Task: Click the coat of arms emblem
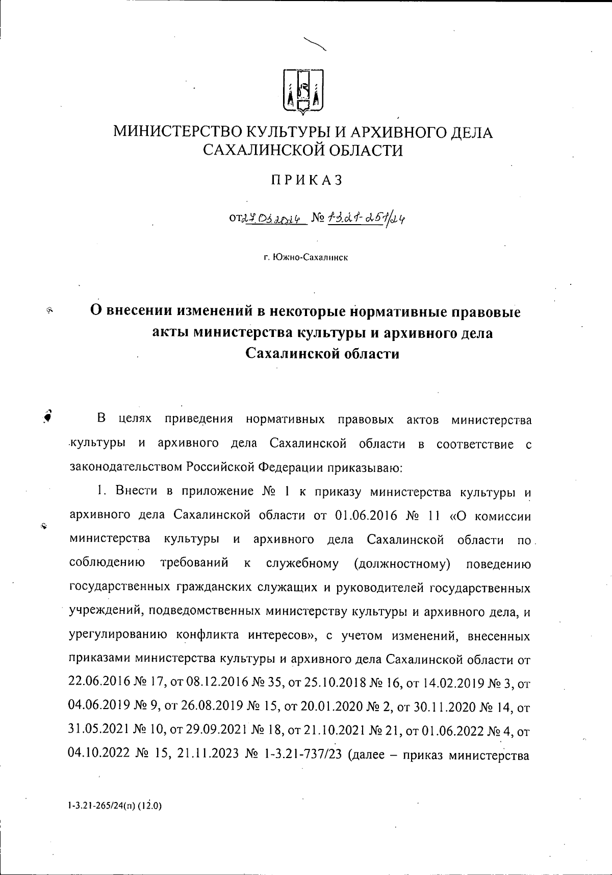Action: [x=303, y=91]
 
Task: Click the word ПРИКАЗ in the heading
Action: [x=306, y=180]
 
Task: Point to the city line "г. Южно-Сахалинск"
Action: [x=306, y=258]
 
